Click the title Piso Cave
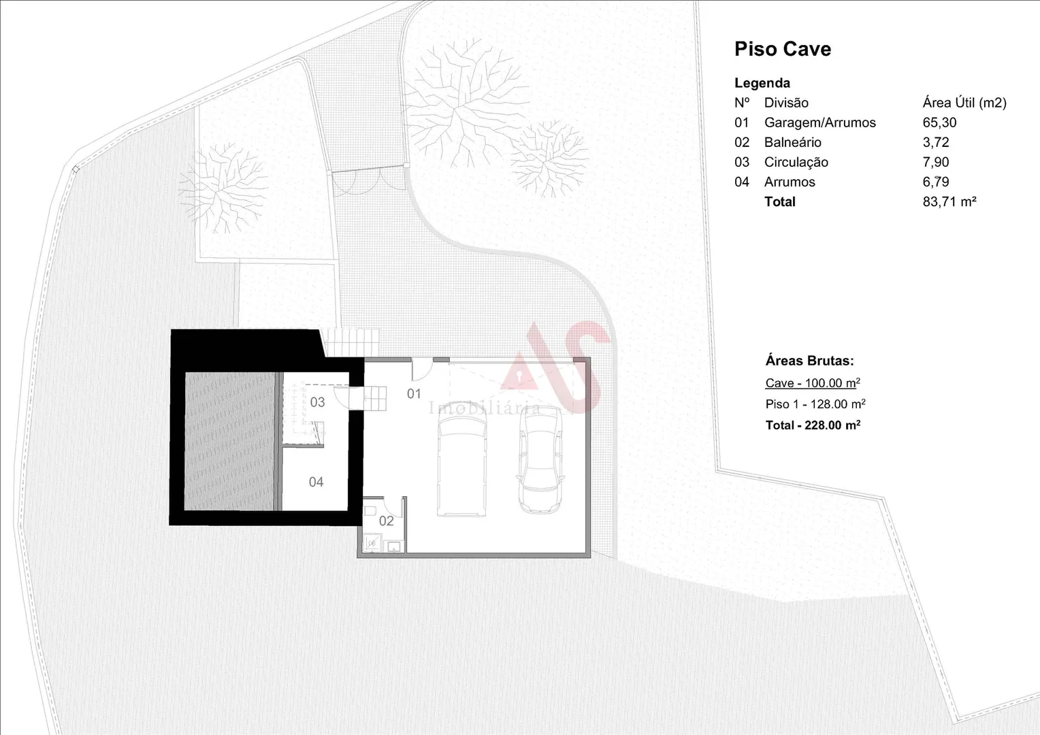pos(782,49)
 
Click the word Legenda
pos(762,83)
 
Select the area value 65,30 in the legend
pos(939,122)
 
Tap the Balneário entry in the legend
pos(792,142)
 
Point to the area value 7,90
pos(936,162)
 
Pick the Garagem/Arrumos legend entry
pos(820,122)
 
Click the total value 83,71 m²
pos(949,201)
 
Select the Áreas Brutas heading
pos(809,361)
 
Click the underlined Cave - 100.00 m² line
pos(813,383)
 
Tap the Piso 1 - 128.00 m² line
pos(815,404)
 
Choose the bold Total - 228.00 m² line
pos(813,425)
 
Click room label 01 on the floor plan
pos(414,394)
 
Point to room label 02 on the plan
pos(387,521)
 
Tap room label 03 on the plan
pos(317,402)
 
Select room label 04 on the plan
pos(316,482)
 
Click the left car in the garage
pos(462,459)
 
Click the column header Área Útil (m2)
pos(964,103)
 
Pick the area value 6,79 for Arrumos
pos(936,182)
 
